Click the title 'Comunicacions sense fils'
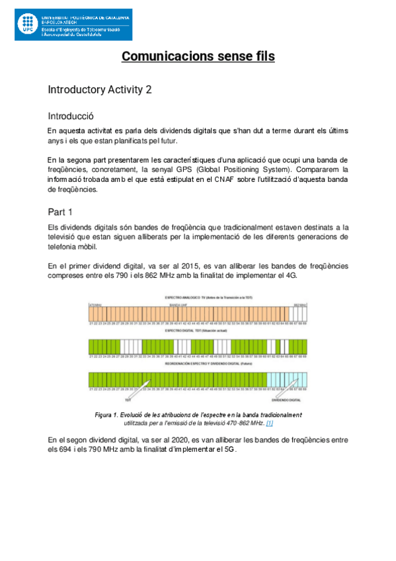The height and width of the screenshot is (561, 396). [x=198, y=56]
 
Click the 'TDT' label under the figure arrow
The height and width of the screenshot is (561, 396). [x=129, y=399]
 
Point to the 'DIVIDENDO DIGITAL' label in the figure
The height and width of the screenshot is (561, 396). [x=286, y=400]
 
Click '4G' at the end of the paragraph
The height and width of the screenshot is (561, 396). [x=292, y=276]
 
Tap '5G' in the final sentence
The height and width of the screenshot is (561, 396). [x=228, y=449]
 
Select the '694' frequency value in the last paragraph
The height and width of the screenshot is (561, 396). [x=69, y=449]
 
